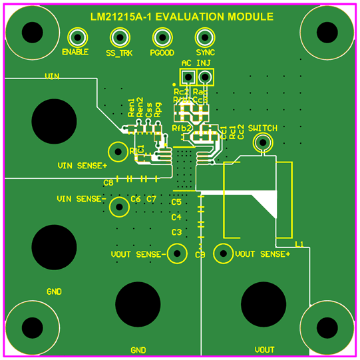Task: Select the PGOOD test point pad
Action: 162,37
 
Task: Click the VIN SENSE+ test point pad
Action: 119,151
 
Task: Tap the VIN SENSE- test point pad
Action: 119,206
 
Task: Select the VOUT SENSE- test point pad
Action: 177,254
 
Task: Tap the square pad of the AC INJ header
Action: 187,77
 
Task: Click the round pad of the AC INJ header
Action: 205,77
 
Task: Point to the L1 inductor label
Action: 299,245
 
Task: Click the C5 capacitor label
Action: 176,202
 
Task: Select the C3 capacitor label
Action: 176,232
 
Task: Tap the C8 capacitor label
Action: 108,182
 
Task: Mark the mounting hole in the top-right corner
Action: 326,31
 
